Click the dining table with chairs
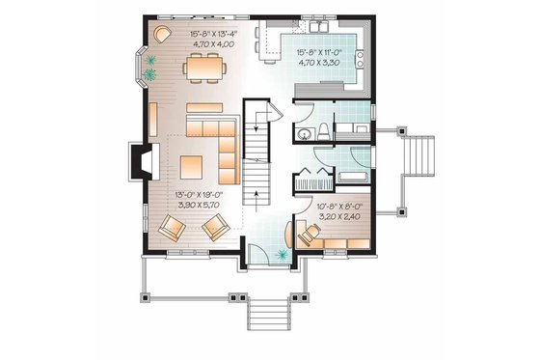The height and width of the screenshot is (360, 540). coord(202,67)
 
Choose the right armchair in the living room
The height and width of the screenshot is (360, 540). coord(214,228)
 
